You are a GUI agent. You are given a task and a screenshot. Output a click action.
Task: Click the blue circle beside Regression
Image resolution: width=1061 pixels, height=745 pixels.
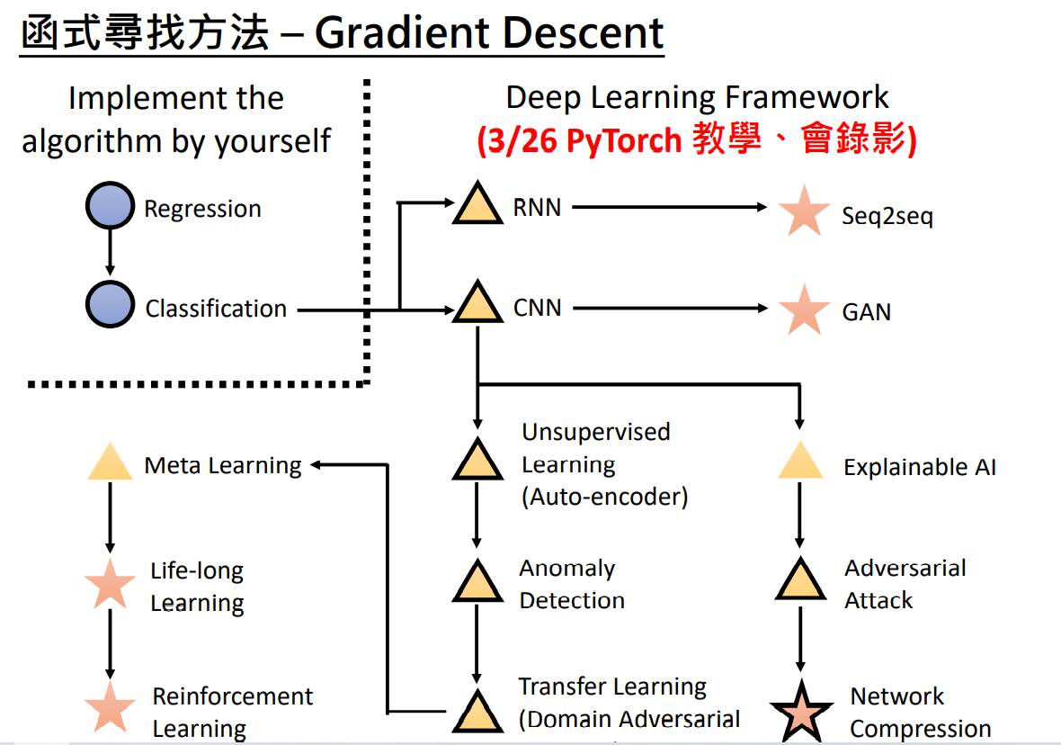[110, 207]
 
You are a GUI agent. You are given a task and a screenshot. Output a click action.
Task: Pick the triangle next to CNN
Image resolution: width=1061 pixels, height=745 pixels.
[477, 304]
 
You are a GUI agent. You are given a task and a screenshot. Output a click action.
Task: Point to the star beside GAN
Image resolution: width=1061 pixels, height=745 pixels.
[804, 310]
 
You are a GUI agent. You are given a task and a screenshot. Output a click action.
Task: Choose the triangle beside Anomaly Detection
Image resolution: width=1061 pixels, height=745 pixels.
[477, 582]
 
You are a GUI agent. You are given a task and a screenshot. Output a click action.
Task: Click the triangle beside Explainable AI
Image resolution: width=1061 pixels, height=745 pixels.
[800, 462]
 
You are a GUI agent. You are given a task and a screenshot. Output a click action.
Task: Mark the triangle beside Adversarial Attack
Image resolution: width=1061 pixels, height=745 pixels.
[800, 581]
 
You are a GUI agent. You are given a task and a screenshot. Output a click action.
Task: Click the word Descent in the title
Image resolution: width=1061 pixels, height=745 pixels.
[583, 34]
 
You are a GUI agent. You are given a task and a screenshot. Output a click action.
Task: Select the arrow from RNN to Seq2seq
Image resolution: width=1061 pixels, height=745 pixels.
[670, 207]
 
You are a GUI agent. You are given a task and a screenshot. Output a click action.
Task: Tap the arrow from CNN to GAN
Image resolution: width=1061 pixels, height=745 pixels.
[670, 308]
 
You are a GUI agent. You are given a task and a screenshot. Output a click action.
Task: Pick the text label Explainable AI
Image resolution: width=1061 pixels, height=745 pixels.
[919, 468]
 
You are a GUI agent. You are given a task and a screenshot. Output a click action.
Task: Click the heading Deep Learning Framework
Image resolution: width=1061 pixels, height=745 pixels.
[697, 97]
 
